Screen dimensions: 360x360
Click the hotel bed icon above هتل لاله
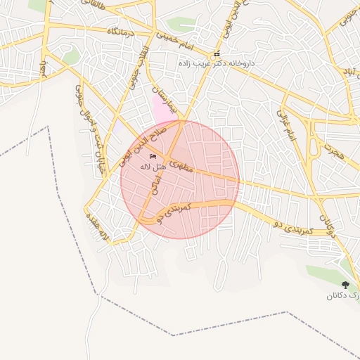point(153,156)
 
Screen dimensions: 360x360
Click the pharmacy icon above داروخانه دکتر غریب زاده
point(217,54)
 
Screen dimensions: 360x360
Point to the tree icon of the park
point(345,285)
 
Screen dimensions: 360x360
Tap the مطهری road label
point(181,165)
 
